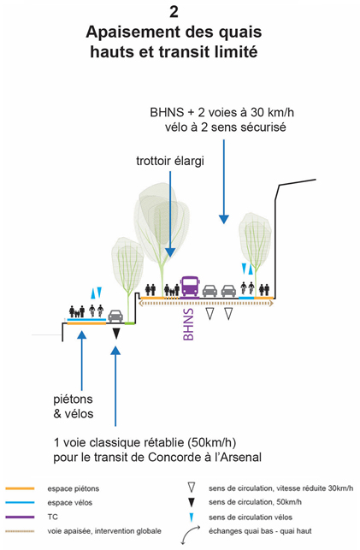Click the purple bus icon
190,287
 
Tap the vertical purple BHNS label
188,324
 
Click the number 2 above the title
174,12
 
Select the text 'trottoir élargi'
170,161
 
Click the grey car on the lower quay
115,316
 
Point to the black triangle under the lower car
116,334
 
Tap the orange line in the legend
20,488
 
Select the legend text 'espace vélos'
70,503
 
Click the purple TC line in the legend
20,517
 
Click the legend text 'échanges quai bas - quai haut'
260,531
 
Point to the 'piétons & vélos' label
74,406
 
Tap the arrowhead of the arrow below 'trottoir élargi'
170,251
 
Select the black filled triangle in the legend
191,502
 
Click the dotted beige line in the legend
20,531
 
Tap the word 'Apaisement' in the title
133,33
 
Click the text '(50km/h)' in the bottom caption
212,443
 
